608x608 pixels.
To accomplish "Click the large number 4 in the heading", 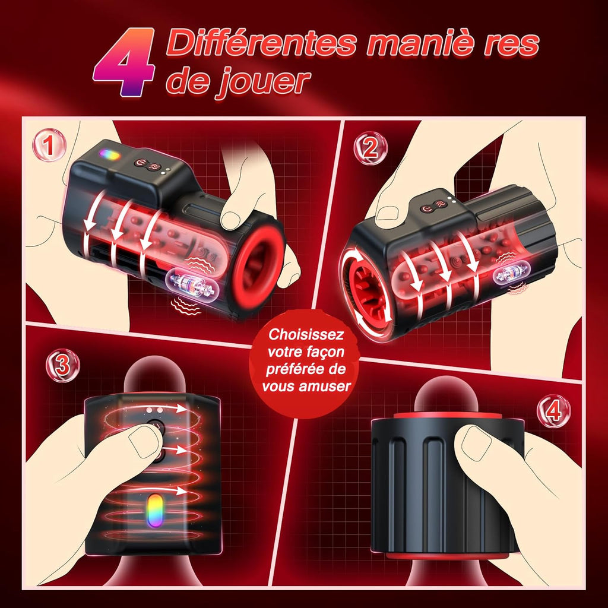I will (x=125, y=63).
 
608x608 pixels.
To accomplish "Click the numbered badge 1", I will (x=50, y=146).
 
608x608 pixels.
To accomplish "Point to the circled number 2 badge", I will (x=370, y=148).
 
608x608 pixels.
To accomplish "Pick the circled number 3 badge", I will (x=63, y=365).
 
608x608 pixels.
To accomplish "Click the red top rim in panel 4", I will (x=448, y=413).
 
